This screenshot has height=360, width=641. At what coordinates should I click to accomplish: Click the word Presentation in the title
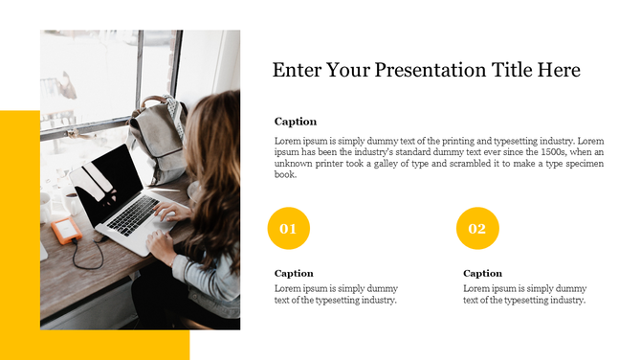(423, 71)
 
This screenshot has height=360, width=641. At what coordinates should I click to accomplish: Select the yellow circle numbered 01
(288, 229)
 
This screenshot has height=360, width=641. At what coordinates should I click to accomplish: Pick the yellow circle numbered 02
(477, 229)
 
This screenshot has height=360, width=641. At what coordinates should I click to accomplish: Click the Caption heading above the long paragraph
(295, 122)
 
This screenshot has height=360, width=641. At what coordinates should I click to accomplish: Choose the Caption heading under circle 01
(294, 273)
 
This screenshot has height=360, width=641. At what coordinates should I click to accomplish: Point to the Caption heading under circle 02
(482, 273)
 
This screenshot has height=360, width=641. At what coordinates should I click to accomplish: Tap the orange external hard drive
(66, 230)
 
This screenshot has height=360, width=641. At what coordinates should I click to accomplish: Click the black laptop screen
(105, 187)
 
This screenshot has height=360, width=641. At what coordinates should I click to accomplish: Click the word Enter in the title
(297, 71)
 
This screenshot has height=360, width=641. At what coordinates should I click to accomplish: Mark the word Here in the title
(560, 71)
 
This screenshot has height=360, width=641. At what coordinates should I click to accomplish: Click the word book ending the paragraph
(285, 175)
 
